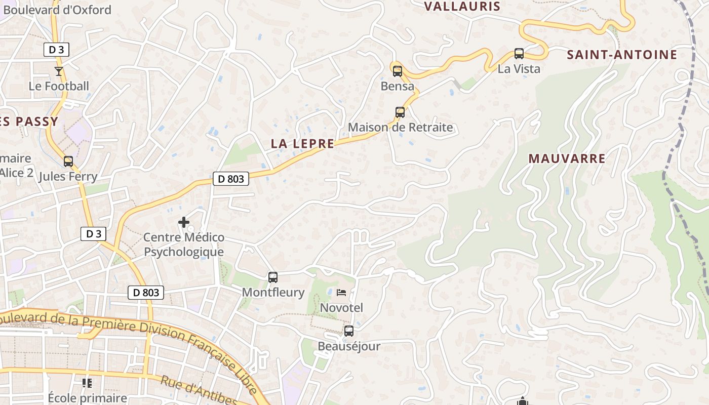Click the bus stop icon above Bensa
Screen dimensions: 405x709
tap(398, 71)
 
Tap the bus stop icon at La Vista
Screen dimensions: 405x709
tap(519, 54)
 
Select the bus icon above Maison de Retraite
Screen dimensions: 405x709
tap(400, 112)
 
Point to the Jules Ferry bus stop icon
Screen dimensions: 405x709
tap(68, 161)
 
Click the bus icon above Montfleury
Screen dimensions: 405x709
tap(273, 277)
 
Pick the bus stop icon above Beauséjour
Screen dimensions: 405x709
tap(349, 331)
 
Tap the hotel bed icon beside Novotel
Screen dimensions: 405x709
tap(341, 293)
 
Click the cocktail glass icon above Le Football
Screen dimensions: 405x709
tap(59, 71)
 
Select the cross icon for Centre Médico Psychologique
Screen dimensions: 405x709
tap(184, 222)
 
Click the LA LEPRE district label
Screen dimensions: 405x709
tap(302, 144)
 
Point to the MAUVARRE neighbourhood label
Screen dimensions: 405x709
tap(567, 158)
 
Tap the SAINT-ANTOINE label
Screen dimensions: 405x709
tap(622, 55)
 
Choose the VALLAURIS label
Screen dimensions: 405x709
tap(462, 7)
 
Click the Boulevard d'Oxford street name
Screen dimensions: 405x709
tap(57, 10)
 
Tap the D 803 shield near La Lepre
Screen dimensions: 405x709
tap(231, 179)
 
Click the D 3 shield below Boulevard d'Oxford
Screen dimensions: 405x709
tap(56, 50)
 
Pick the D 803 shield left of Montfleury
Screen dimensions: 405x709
tap(146, 293)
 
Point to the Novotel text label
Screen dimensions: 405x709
tap(341, 308)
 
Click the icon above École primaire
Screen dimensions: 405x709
tap(87, 383)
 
